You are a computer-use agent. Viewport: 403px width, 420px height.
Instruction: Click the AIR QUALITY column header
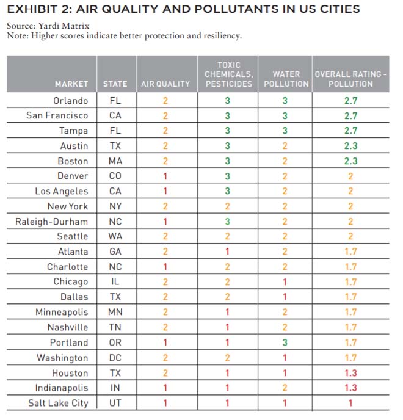[165, 84]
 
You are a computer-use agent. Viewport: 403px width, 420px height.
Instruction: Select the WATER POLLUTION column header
[286, 79]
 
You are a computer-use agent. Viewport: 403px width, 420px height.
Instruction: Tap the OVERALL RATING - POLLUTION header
[350, 79]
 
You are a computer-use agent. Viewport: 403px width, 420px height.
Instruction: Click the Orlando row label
[71, 101]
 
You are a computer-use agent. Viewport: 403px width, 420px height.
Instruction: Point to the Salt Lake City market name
[59, 403]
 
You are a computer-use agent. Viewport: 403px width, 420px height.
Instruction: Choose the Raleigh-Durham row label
[52, 222]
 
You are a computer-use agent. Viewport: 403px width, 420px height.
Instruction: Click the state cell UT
[115, 403]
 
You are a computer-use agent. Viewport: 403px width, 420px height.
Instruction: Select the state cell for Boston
[115, 161]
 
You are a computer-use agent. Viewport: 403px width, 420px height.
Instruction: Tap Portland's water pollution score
[285, 342]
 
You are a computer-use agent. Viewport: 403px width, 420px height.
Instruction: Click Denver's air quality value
[165, 176]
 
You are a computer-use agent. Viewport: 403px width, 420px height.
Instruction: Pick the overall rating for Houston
[350, 373]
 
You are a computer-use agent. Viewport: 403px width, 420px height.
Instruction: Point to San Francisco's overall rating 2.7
[350, 116]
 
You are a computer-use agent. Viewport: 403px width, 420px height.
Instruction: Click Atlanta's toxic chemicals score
[227, 252]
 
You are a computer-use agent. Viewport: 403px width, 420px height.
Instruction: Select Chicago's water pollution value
[285, 282]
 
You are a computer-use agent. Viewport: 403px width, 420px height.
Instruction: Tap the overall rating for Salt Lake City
[350, 403]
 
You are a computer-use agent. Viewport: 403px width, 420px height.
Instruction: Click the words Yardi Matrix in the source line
[64, 26]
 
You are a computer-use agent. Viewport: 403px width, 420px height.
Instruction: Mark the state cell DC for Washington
[115, 358]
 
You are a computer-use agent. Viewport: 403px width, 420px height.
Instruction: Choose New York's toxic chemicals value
[227, 206]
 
